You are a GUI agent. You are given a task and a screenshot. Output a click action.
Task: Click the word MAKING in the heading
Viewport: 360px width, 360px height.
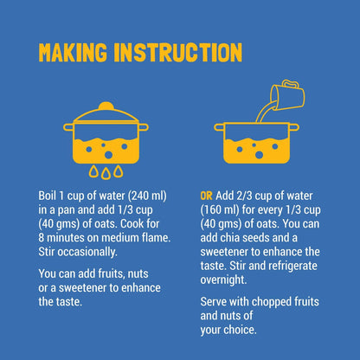73,52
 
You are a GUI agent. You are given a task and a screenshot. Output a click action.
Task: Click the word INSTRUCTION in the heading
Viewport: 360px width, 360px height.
178,52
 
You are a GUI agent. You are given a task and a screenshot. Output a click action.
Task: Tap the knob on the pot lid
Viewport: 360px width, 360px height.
106,106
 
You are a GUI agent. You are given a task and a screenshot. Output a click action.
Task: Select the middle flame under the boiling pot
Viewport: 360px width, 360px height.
106,174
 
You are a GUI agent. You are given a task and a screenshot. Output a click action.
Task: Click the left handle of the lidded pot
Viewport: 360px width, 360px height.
68,127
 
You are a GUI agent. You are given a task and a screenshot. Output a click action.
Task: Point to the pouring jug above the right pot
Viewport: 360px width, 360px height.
286,96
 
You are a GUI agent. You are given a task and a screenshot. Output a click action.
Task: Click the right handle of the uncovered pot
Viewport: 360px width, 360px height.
294,127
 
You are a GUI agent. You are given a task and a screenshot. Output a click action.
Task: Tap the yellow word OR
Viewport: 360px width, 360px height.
206,196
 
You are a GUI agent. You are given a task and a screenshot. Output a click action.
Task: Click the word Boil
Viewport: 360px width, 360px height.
47,196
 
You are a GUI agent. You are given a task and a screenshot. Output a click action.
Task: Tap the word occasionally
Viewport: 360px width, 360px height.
87,252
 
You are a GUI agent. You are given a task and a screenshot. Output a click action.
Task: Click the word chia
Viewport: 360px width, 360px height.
229,238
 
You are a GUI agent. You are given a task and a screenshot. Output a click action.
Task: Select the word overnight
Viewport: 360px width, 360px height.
223,280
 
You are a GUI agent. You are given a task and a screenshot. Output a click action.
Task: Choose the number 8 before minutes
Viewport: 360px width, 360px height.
42,238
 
